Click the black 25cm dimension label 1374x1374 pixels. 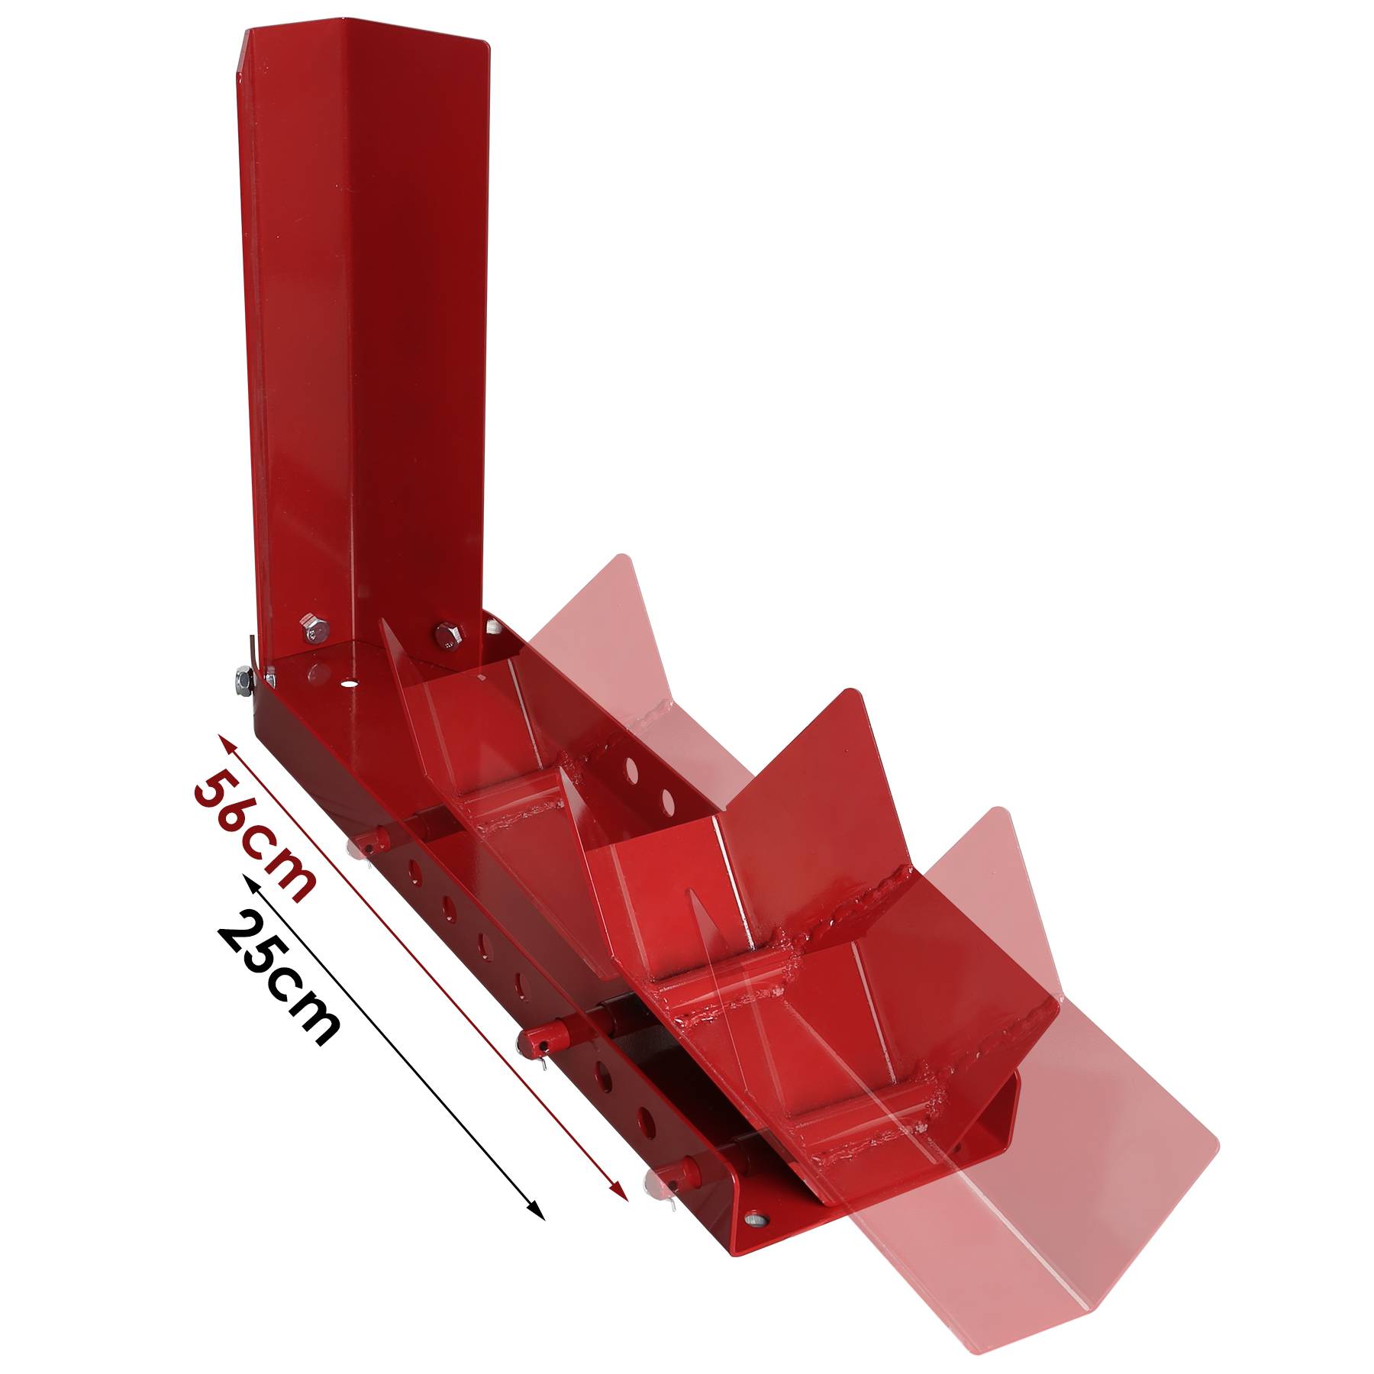279,978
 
